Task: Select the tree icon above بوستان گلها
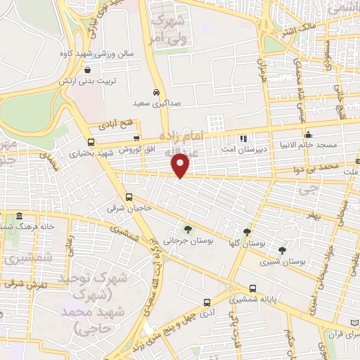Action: pyautogui.click(x=247, y=231)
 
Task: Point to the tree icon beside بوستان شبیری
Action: pyautogui.click(x=282, y=250)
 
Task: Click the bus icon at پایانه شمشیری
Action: pyautogui.click(x=253, y=288)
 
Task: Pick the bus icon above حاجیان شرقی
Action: pyautogui.click(x=129, y=198)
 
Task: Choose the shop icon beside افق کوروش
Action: pyautogui.click(x=136, y=139)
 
